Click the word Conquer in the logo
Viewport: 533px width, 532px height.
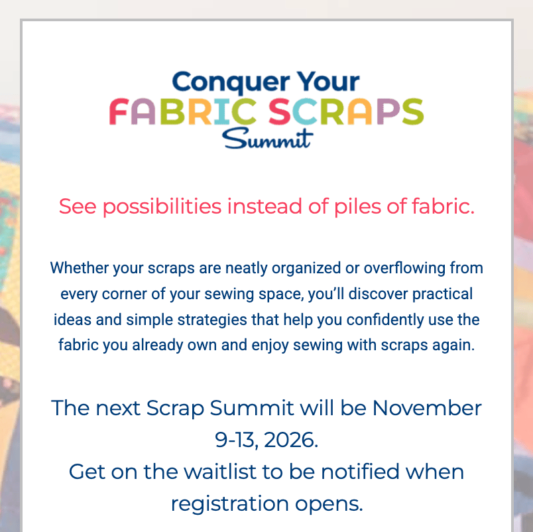point(231,82)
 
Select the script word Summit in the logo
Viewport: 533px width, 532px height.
point(267,139)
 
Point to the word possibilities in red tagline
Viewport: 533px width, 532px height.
point(162,206)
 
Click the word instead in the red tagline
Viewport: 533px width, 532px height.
point(265,206)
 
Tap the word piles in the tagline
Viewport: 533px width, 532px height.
point(357,206)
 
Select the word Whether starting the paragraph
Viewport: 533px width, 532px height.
point(79,268)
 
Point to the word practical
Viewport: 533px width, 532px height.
point(442,295)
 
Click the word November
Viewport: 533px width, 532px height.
point(427,408)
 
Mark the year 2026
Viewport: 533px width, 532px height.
point(290,440)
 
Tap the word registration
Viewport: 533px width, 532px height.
point(230,504)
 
